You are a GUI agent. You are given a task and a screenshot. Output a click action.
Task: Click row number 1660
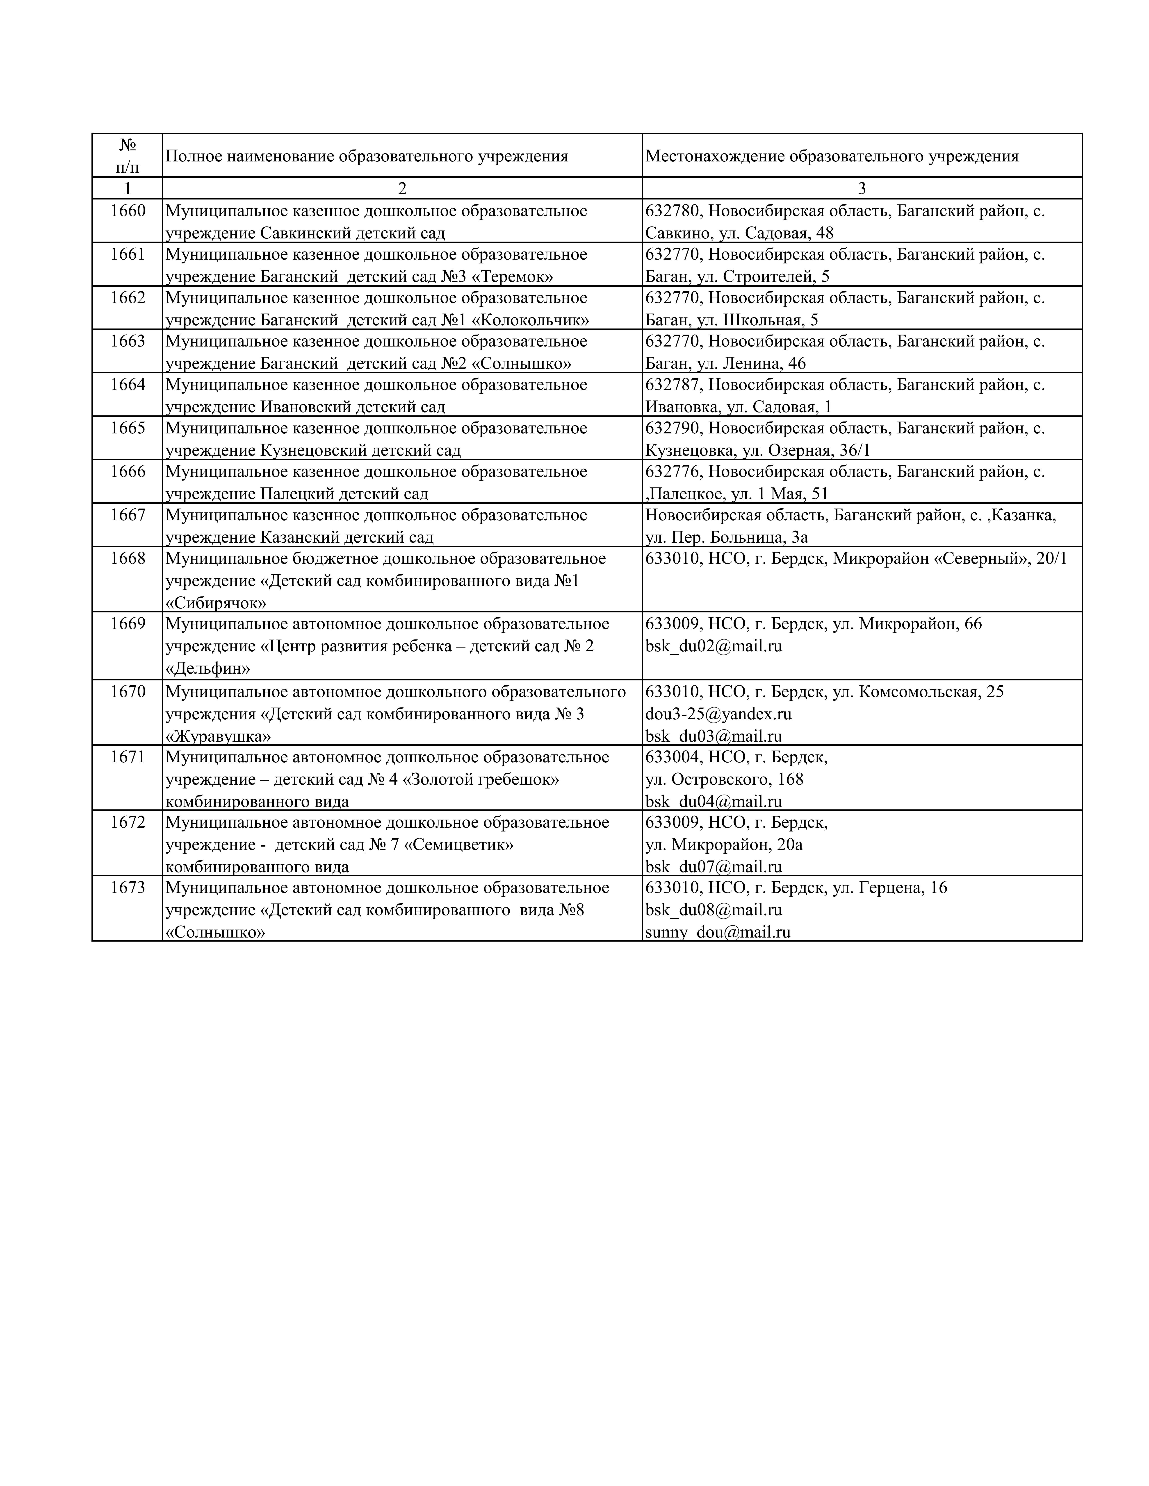pyautogui.click(x=128, y=211)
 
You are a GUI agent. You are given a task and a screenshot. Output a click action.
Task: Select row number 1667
pyautogui.click(x=128, y=515)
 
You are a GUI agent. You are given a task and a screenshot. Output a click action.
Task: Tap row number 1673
pyautogui.click(x=128, y=888)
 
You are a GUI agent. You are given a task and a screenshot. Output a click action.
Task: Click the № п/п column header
pyautogui.click(x=128, y=156)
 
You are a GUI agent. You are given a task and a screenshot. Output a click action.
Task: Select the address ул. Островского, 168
pyautogui.click(x=724, y=779)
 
